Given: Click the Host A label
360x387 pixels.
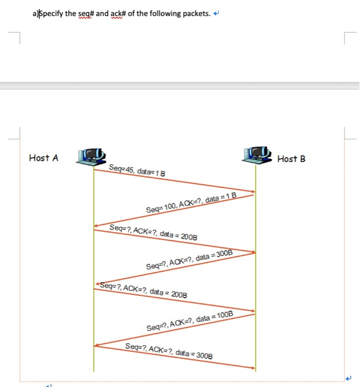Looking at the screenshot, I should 43,158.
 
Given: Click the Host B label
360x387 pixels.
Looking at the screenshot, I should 291,159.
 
